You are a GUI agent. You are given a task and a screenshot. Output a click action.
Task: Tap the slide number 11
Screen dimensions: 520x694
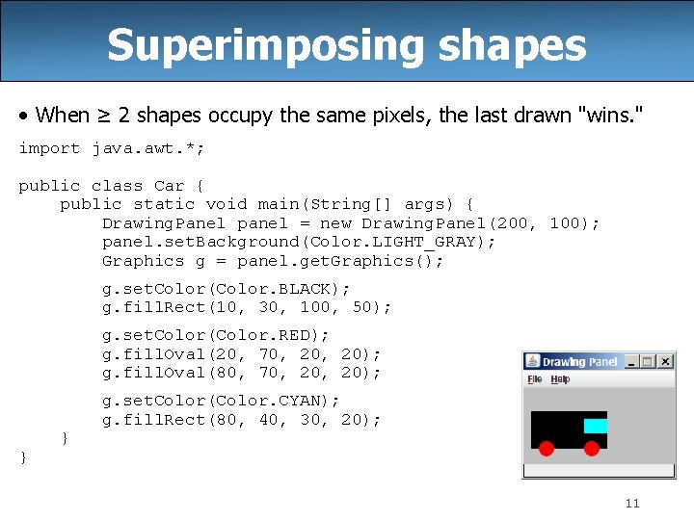[x=632, y=503]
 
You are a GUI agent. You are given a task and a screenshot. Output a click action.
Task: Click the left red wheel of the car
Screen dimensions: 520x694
[x=546, y=448]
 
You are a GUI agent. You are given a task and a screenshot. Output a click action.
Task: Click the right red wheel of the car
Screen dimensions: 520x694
[x=592, y=448]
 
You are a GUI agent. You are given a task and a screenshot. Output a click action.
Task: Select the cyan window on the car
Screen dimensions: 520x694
[x=596, y=426]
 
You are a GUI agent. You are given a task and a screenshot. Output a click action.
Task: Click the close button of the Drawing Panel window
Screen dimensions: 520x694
[x=664, y=361]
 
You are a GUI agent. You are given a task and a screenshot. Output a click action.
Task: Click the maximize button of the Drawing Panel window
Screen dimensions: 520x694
[x=648, y=361]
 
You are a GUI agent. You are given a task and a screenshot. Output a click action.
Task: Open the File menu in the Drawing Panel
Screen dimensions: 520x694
[x=535, y=379]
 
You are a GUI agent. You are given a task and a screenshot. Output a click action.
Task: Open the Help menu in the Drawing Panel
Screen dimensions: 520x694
[x=560, y=379]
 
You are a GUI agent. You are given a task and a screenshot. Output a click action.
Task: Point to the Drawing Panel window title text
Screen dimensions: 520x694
[x=579, y=362]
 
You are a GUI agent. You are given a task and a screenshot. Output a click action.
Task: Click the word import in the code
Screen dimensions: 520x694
[x=49, y=148]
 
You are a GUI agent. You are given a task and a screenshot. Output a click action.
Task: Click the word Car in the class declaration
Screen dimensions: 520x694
[x=169, y=186]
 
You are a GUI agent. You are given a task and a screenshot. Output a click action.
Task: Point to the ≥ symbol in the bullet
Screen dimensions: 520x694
[x=100, y=116]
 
